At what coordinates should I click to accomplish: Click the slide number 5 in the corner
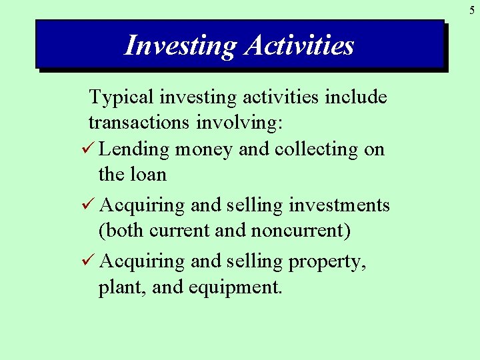tap(471, 9)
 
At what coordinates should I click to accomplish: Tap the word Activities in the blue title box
tap(299, 45)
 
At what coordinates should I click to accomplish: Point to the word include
tap(355, 97)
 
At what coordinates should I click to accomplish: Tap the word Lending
tap(134, 149)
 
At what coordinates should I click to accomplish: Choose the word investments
tap(339, 205)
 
